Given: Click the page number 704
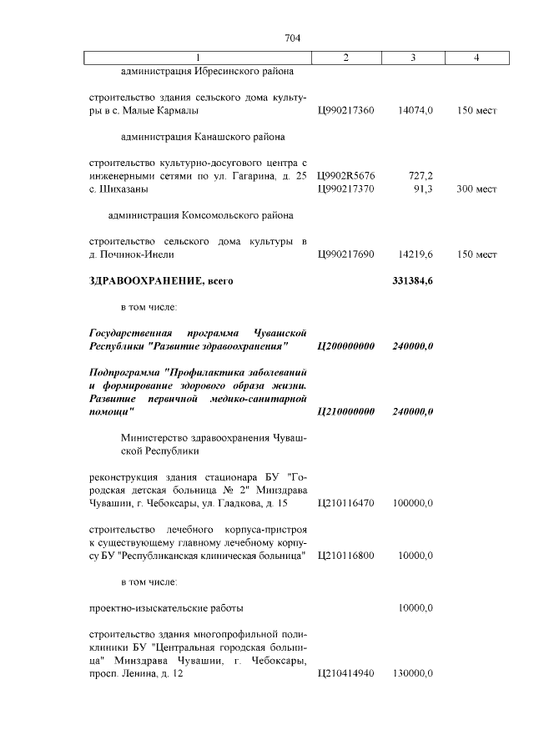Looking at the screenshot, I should point(292,38).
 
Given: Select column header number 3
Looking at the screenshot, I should point(413,58).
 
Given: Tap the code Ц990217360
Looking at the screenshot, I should point(346,110).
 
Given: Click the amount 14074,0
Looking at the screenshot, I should point(416,110).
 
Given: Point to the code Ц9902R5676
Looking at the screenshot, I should point(346,176).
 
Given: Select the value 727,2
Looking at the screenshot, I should point(419,176).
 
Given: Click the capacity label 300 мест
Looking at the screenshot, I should point(476,189).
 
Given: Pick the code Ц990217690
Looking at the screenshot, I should point(346,254).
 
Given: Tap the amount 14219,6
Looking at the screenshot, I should point(416,254).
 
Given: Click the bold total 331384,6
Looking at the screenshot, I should point(412,281).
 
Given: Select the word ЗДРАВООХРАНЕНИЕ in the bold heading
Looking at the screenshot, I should point(144,281).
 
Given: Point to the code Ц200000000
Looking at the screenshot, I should point(346,346).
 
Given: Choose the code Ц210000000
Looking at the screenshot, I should point(346,412).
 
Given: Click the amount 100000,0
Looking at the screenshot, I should point(413,503).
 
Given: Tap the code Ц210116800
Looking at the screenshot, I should point(346,556).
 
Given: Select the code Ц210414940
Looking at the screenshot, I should point(346,673).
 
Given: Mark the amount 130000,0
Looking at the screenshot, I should point(413,673).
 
